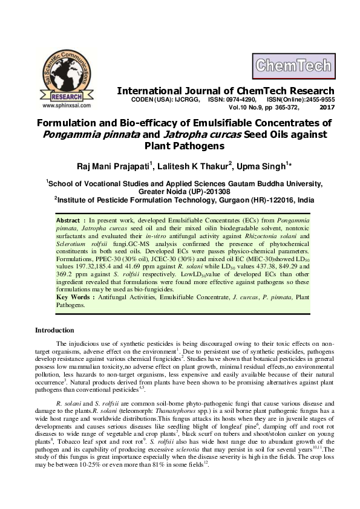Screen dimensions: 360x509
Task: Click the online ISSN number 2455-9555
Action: pyautogui.click(x=317, y=99)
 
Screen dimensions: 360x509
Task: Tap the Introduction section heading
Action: pyautogui.click(x=54, y=330)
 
